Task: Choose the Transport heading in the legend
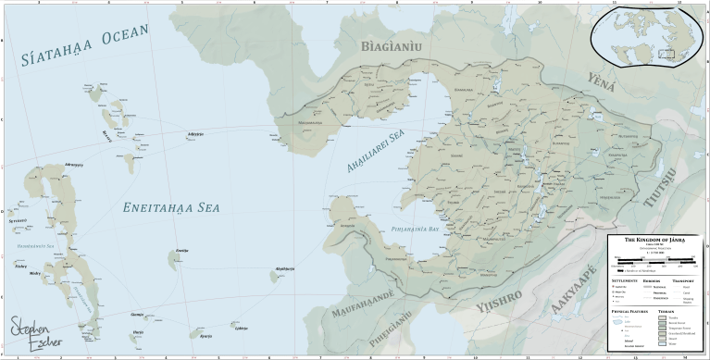click(x=687, y=279)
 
